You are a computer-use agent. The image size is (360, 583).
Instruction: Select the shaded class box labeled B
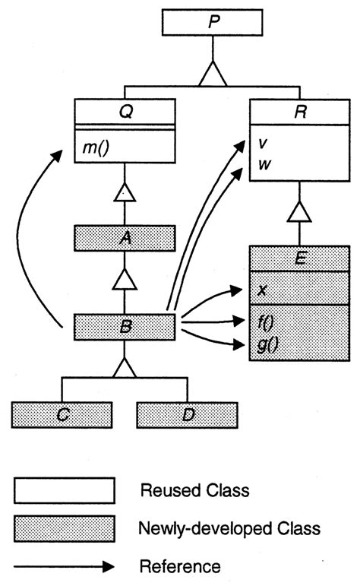coord(125,328)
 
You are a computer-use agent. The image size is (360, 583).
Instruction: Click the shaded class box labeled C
coord(62,415)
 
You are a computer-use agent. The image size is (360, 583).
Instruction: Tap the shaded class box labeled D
coord(187,415)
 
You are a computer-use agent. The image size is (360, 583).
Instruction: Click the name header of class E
coord(300,258)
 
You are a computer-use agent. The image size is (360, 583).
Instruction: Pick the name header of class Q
coord(125,111)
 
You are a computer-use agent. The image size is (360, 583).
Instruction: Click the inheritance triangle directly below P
coord(211,74)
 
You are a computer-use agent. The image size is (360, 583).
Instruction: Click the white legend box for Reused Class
coord(63,490)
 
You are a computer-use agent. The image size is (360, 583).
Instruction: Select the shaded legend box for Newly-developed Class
coord(63,526)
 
